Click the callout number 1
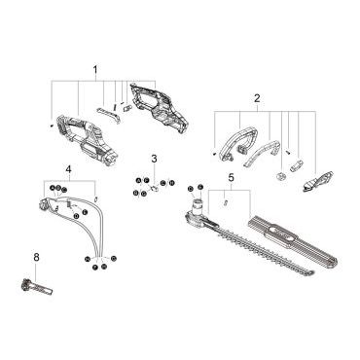[x=95, y=69]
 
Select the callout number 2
[x=257, y=98]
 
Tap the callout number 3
[x=154, y=159]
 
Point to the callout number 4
[x=68, y=169]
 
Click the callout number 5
[x=231, y=177]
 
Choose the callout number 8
[x=36, y=257]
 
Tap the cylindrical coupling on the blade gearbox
[x=198, y=206]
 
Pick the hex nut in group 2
[x=279, y=175]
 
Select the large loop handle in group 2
[x=238, y=144]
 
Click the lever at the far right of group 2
[x=318, y=181]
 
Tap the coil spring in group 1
[x=115, y=106]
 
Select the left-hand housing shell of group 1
[x=87, y=138]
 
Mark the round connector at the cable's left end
[x=43, y=205]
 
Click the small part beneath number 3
[x=155, y=188]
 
